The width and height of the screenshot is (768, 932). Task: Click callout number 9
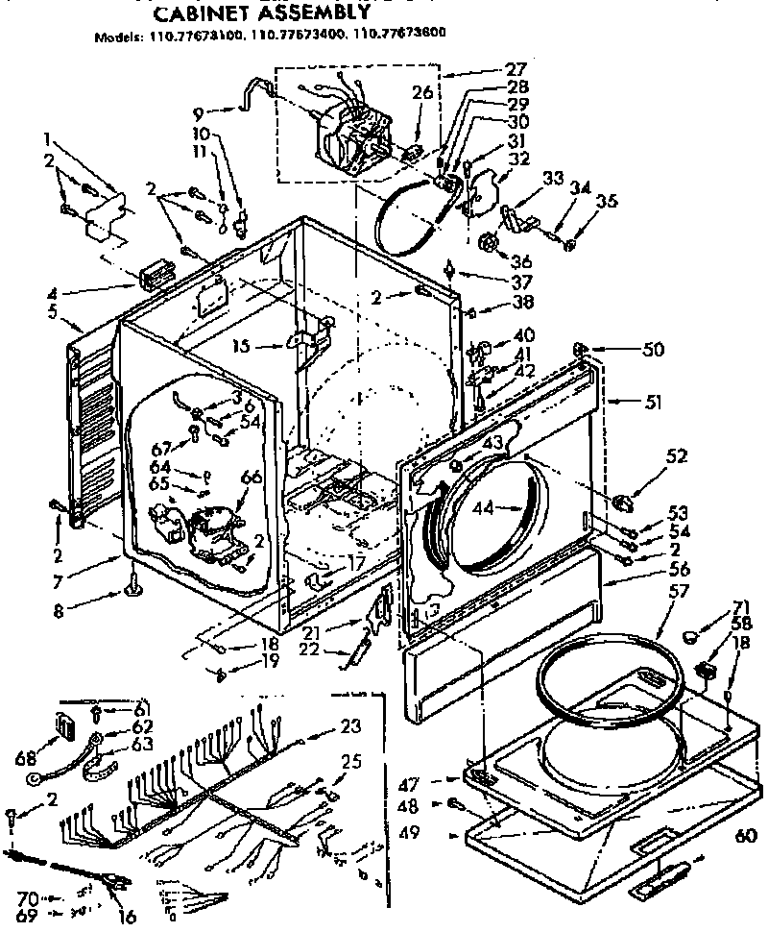(x=197, y=110)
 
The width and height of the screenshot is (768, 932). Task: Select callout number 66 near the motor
(x=252, y=478)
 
